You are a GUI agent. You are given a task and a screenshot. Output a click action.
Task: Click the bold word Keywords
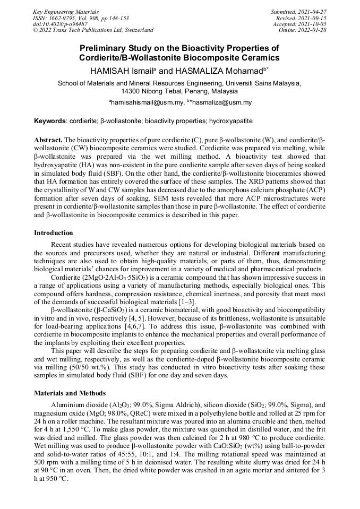pyautogui.click(x=49, y=121)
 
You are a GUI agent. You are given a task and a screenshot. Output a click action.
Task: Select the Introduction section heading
pyautogui.click(x=54, y=232)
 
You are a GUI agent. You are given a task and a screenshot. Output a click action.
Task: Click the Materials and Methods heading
pyautogui.click(x=70, y=393)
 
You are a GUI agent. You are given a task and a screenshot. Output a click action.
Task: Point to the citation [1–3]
pyautogui.click(x=187, y=301)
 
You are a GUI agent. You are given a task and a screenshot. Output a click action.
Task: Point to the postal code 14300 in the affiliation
pyautogui.click(x=133, y=91)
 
